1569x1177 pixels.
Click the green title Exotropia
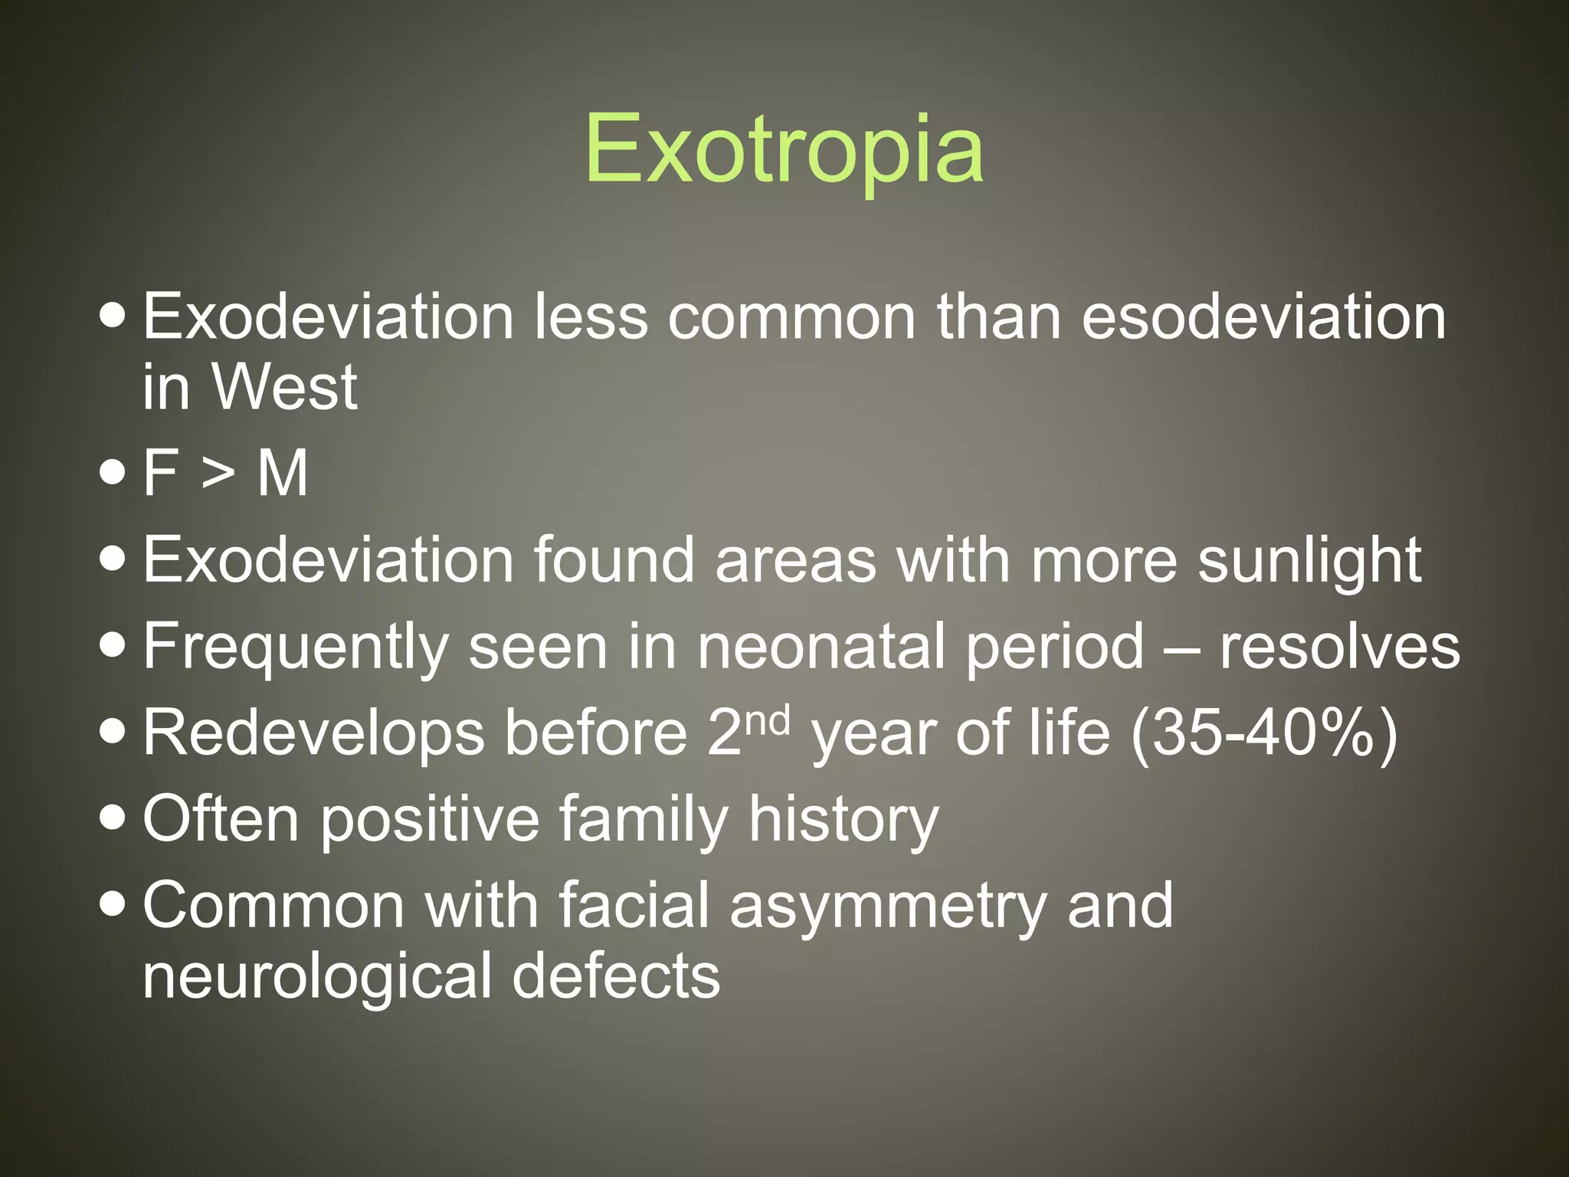[784, 149]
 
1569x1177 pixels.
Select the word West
[284, 387]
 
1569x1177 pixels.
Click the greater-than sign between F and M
[218, 474]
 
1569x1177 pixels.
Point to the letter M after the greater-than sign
[283, 473]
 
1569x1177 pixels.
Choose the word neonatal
[821, 647]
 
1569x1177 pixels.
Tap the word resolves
[1340, 647]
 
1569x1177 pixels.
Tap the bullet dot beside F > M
[113, 473]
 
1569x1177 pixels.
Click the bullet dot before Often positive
[113, 818]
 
